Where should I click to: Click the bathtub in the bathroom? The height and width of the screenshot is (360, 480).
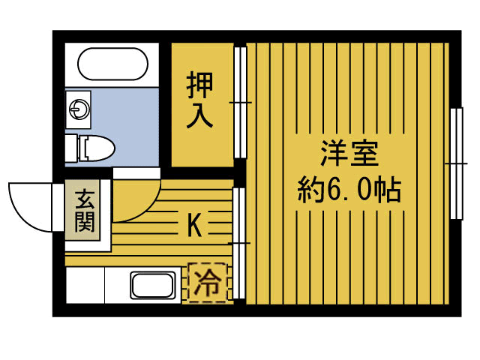point(112,64)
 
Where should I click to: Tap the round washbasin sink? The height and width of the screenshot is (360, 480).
point(78,109)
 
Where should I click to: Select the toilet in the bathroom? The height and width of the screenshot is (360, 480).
point(96,148)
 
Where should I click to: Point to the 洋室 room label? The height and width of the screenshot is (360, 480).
point(349,155)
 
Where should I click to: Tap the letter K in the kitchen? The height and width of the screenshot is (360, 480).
point(193,226)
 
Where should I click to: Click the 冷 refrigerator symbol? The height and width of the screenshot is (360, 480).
point(207,282)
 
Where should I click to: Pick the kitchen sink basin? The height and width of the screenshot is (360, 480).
point(153,286)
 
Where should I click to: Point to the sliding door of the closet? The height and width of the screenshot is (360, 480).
point(240,101)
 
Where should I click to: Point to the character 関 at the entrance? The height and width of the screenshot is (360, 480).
point(84,223)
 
